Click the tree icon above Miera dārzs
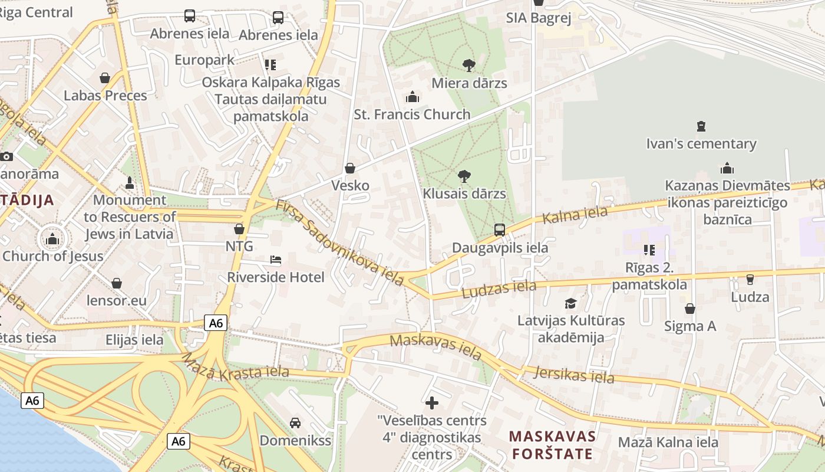click(x=469, y=65)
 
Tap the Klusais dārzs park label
click(x=464, y=194)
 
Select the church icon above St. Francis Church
click(x=412, y=97)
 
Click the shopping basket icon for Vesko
click(x=350, y=168)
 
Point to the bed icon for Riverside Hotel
click(x=275, y=260)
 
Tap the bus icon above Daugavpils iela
click(x=500, y=230)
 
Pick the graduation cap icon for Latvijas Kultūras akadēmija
click(x=570, y=303)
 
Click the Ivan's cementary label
click(x=701, y=144)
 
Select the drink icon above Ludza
click(x=750, y=279)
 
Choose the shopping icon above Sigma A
click(x=689, y=309)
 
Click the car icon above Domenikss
click(x=295, y=422)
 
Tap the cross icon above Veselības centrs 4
click(x=432, y=403)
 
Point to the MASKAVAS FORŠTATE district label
click(x=552, y=445)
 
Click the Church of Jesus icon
click(x=52, y=239)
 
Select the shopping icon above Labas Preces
click(x=105, y=78)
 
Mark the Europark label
click(x=204, y=60)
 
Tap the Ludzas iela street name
click(x=499, y=289)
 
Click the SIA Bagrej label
click(x=539, y=18)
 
